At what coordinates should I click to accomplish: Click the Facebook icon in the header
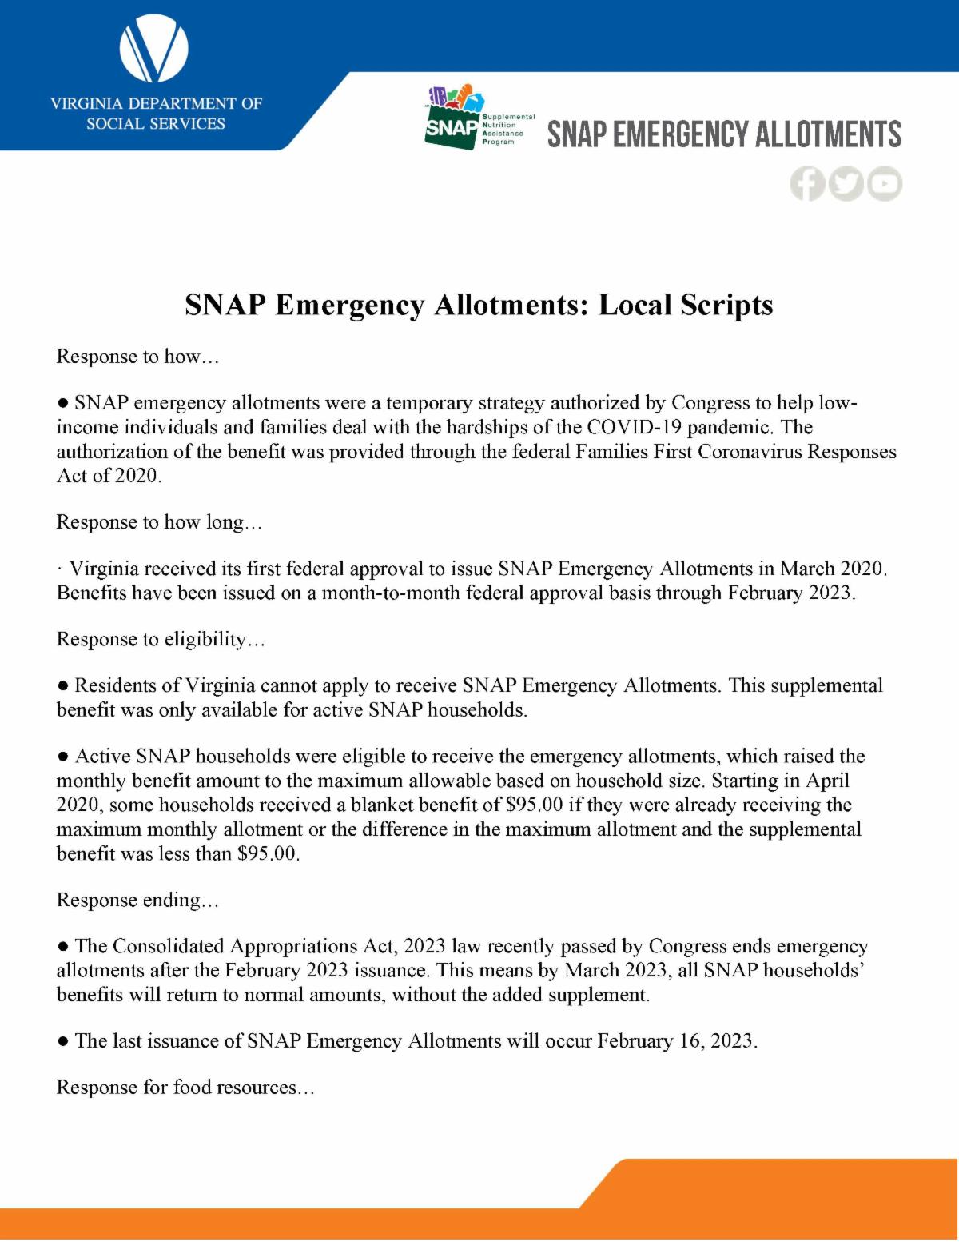pos(807,184)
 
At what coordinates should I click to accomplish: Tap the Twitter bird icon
pos(846,184)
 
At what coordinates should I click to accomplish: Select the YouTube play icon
pos(885,184)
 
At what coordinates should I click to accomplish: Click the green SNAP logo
pos(452,118)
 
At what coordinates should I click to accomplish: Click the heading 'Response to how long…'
pos(159,522)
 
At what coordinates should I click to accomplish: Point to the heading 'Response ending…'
pos(137,900)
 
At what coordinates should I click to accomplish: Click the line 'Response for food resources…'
pos(185,1088)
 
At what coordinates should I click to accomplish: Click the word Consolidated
pos(169,946)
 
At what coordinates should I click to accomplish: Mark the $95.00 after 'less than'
pos(268,853)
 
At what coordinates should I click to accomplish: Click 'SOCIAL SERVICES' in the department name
pos(156,124)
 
